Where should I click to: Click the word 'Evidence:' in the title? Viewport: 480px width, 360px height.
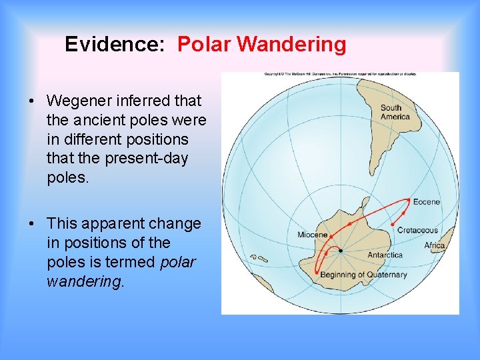pos(117,45)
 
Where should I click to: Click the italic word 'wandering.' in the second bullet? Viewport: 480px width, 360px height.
pos(85,281)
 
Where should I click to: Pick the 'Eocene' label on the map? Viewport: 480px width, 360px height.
pos(426,202)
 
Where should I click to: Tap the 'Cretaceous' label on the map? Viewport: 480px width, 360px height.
pos(417,231)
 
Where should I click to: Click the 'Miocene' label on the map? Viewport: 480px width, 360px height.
pos(312,235)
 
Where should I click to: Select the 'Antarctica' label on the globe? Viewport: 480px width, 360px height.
pos(385,255)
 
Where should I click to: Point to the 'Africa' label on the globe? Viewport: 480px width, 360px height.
pos(435,245)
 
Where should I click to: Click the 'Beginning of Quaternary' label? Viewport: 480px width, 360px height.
pos(363,275)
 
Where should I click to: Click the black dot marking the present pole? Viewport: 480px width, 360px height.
pos(340,251)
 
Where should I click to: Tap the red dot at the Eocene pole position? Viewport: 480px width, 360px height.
pos(408,199)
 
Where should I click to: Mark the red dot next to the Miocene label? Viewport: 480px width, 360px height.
pos(332,235)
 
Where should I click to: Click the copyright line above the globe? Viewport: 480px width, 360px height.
pos(340,73)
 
